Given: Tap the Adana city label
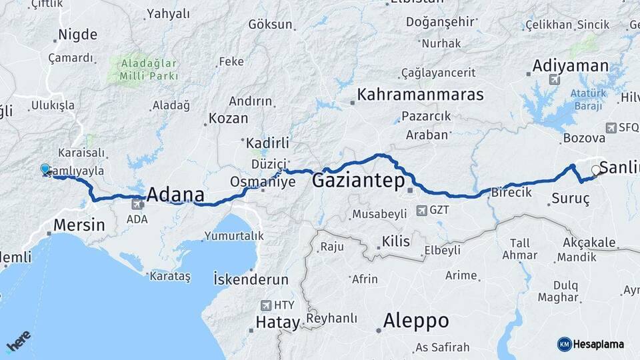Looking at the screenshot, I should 175,195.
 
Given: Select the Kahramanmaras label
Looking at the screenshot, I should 420,95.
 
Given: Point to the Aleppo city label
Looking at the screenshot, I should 415,321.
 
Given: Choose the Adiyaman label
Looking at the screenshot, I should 570,65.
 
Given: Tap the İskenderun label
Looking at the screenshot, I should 251,279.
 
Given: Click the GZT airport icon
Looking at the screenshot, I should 421,211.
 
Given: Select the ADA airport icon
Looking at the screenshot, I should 137,204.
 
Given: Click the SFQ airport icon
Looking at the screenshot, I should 611,127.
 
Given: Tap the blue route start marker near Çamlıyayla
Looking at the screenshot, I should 45,169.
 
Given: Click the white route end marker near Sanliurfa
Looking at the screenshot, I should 595,171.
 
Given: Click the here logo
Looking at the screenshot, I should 19,341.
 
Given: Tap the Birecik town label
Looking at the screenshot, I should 511,192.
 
